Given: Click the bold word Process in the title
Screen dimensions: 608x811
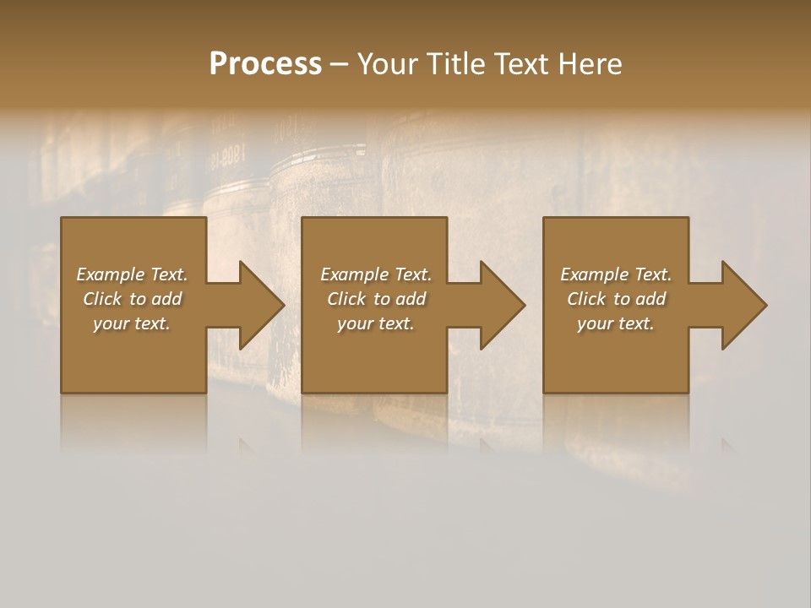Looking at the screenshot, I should [x=265, y=64].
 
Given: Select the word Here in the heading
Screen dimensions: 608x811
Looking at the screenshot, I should [x=590, y=64].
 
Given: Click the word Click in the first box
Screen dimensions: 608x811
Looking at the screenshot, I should [x=102, y=299].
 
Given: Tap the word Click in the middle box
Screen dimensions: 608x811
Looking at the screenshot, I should [x=346, y=299].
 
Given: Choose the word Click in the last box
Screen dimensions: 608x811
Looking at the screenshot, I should [x=586, y=299].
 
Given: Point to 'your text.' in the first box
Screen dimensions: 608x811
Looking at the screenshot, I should [x=132, y=323].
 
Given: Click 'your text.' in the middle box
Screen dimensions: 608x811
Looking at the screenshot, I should [x=375, y=323].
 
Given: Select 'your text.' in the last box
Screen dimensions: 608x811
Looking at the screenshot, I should [x=616, y=323].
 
